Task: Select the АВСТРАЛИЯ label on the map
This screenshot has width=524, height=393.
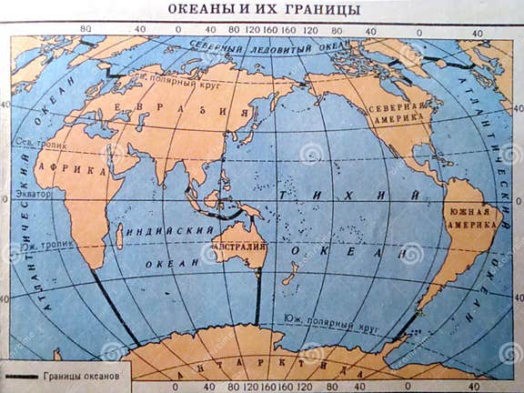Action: point(239,247)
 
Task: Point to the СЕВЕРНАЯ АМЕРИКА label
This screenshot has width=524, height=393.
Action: point(398,113)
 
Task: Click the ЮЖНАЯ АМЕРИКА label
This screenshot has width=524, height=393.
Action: point(470,218)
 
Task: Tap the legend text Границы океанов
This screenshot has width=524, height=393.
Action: point(80,376)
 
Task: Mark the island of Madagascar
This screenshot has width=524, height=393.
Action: point(119,236)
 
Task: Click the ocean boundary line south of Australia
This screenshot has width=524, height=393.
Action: point(258,296)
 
